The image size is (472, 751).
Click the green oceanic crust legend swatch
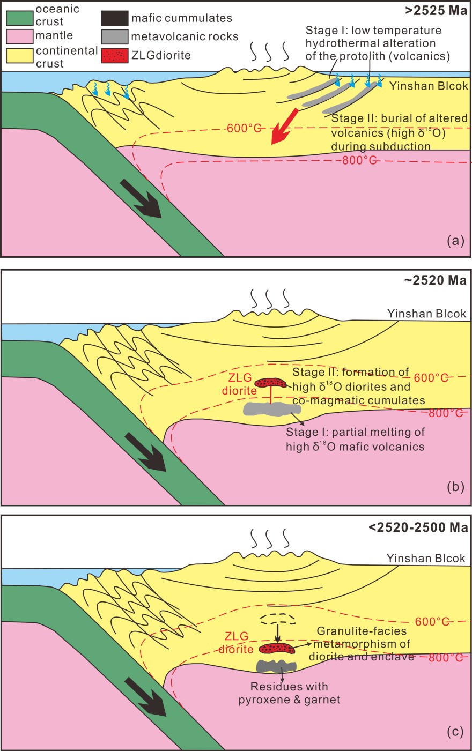(x=20, y=19)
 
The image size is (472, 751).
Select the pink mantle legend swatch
(x=20, y=37)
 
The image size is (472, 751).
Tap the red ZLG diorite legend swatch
(x=114, y=55)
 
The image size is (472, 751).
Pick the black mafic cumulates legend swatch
(x=114, y=19)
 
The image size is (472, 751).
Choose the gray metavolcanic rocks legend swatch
(x=114, y=37)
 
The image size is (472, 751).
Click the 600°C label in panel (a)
(x=244, y=128)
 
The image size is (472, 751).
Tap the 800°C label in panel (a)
(x=359, y=160)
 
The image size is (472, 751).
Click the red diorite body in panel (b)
(x=270, y=382)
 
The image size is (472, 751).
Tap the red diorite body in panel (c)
(x=277, y=649)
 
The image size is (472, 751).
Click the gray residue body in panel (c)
(x=276, y=666)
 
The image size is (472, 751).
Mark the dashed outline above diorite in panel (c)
(x=277, y=619)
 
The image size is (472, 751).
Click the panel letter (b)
(x=455, y=487)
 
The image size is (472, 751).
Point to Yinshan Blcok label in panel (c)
(x=426, y=559)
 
